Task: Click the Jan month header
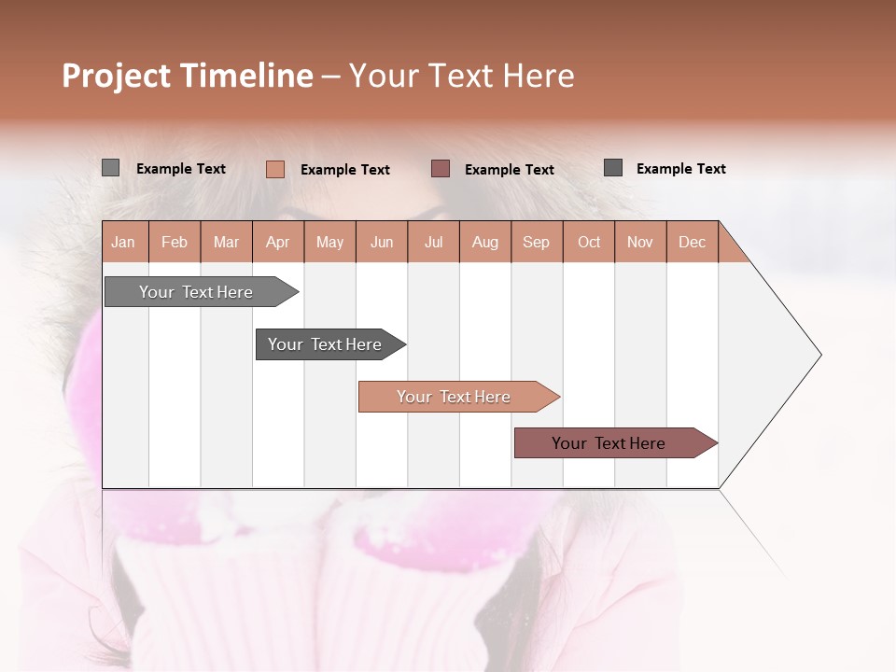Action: [123, 242]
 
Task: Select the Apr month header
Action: [277, 242]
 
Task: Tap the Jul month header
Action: [433, 242]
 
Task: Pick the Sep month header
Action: [536, 242]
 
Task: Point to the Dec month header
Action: [692, 242]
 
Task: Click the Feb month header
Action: [175, 242]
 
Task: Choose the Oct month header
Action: [589, 242]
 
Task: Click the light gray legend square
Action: [110, 168]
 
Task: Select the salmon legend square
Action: [274, 169]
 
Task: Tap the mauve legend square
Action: [441, 168]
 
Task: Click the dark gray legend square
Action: [613, 167]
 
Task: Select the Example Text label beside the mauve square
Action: [509, 169]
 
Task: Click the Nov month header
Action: [640, 242]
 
